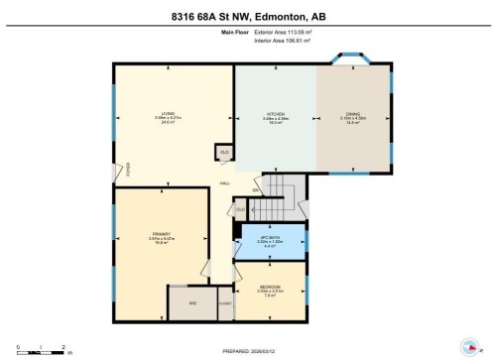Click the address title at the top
[x=247, y=15]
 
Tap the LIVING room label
[x=169, y=114]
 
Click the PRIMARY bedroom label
[x=161, y=235]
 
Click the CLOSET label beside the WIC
[x=225, y=304]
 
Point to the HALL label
[x=225, y=183]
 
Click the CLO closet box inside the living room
[x=224, y=152]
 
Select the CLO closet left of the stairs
[x=241, y=209]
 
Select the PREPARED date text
[x=248, y=349]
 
